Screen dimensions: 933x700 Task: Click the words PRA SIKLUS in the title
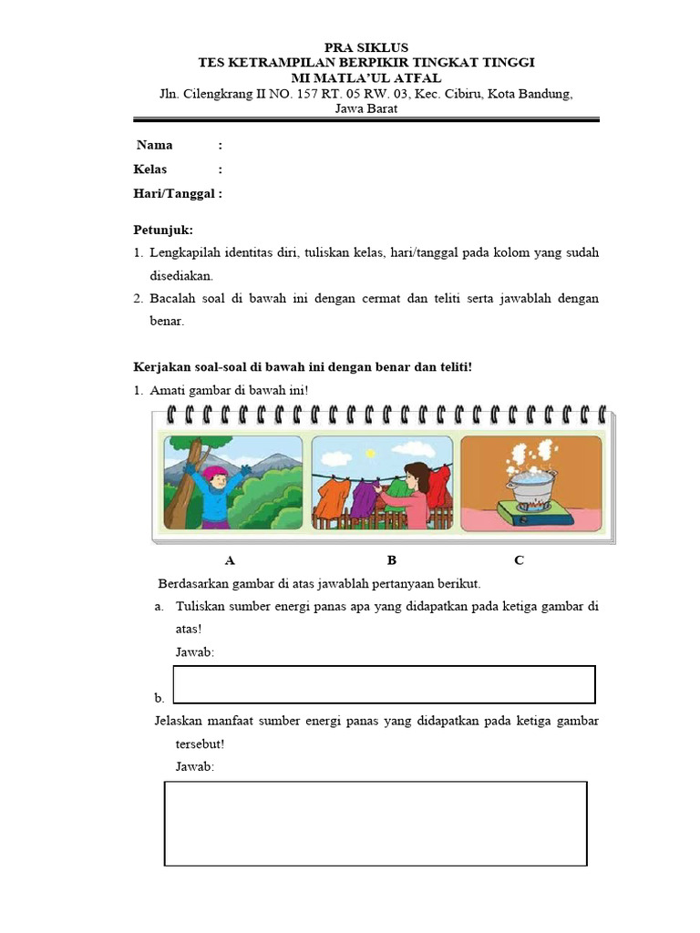point(367,47)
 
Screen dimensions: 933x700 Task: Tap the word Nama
point(154,145)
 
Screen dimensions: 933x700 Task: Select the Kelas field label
point(150,169)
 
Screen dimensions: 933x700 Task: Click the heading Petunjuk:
point(162,230)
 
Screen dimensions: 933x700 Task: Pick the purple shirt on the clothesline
point(365,498)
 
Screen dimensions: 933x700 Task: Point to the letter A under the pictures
point(230,560)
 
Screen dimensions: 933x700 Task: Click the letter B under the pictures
point(391,560)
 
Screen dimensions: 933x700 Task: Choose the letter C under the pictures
point(519,560)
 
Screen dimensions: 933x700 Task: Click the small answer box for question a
point(384,683)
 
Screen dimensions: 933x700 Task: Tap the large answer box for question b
point(376,823)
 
